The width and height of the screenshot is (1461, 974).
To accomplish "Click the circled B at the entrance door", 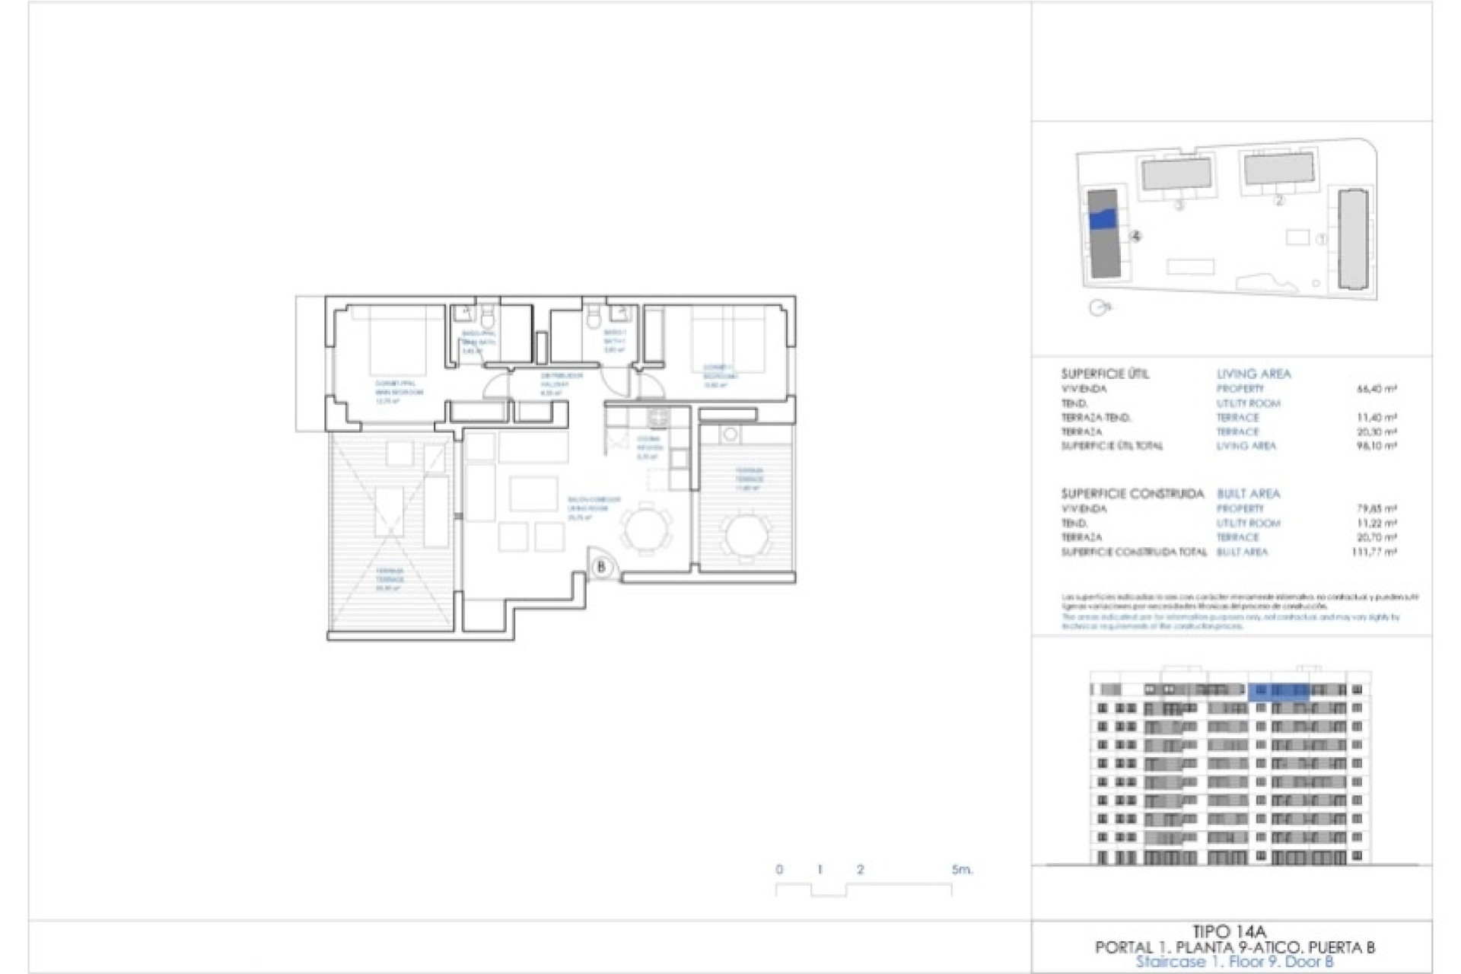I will tap(601, 567).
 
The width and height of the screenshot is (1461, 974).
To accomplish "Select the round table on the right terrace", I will tap(746, 534).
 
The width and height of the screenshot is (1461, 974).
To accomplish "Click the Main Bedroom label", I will tap(398, 388).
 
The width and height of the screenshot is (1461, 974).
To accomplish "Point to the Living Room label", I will tap(593, 505).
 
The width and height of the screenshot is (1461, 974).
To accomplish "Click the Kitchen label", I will tap(648, 444).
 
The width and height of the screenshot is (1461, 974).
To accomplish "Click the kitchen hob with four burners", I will tap(657, 417).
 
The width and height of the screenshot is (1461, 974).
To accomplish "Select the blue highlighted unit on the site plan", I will tap(1103, 219).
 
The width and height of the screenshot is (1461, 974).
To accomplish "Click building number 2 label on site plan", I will tap(1278, 201).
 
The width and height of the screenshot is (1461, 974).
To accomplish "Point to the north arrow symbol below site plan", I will tap(1099, 307).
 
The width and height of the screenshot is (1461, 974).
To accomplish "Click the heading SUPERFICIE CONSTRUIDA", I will tap(1132, 494).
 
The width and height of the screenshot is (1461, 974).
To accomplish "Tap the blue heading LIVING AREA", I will tap(1253, 374).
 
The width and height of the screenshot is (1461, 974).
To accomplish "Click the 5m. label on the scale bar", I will tap(962, 869).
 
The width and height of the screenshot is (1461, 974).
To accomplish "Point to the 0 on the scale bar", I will tap(779, 869).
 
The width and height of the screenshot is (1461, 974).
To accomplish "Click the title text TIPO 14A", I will tap(1230, 931).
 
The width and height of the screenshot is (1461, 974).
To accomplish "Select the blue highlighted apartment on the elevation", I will tap(1278, 690).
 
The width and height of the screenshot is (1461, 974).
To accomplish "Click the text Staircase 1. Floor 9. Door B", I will tap(1234, 962).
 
